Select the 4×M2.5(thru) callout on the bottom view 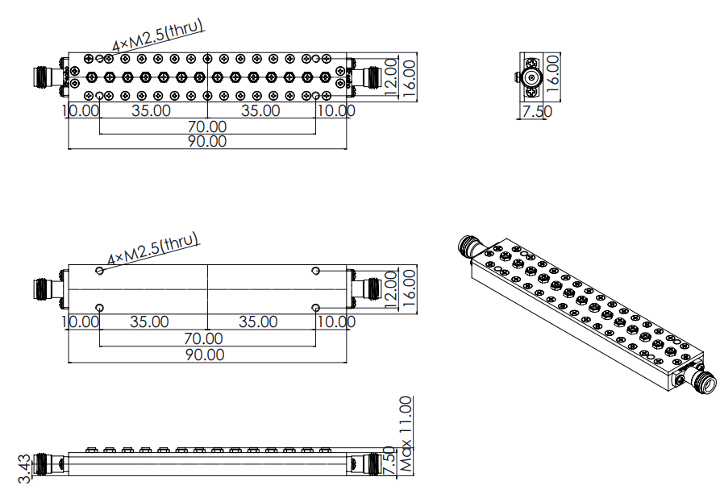pyautogui.click(x=153, y=248)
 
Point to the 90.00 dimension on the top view pyautogui.click(x=207, y=141)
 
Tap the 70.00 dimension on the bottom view pyautogui.click(x=203, y=338)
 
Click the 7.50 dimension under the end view pyautogui.click(x=537, y=111)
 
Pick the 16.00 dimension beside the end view pyautogui.click(x=554, y=73)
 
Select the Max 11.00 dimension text pyautogui.click(x=406, y=434)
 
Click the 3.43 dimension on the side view pyautogui.click(x=24, y=468)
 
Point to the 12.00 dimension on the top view pyautogui.click(x=391, y=77)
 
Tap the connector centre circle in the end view pyautogui.click(x=531, y=78)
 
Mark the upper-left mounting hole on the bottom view pyautogui.click(x=100, y=271)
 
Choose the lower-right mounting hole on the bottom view pyautogui.click(x=315, y=308)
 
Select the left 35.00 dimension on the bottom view pyautogui.click(x=149, y=322)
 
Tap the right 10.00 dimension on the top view pyautogui.click(x=336, y=110)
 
